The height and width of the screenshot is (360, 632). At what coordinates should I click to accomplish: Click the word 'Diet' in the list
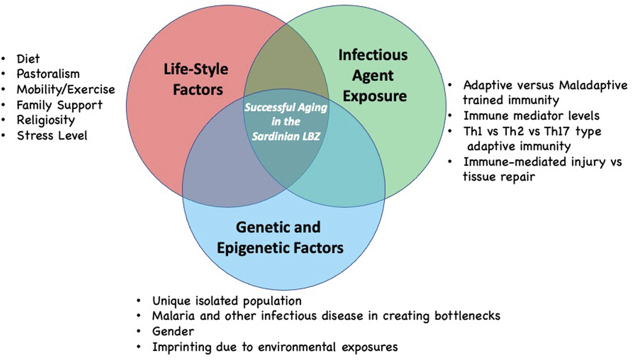click(x=28, y=59)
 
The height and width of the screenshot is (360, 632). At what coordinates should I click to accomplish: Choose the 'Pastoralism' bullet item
click(x=48, y=74)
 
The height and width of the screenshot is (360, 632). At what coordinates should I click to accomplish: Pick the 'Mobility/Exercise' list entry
click(x=66, y=89)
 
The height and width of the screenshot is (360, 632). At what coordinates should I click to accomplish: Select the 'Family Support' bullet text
click(x=59, y=105)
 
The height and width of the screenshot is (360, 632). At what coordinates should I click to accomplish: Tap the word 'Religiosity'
click(x=46, y=120)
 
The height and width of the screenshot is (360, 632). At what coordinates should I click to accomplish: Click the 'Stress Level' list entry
click(x=52, y=135)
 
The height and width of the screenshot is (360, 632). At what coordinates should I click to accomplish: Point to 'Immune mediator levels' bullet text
click(x=531, y=116)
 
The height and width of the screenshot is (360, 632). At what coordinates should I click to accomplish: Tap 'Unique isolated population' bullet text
click(x=227, y=301)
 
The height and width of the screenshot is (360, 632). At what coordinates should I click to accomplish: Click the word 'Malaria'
click(x=170, y=316)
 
